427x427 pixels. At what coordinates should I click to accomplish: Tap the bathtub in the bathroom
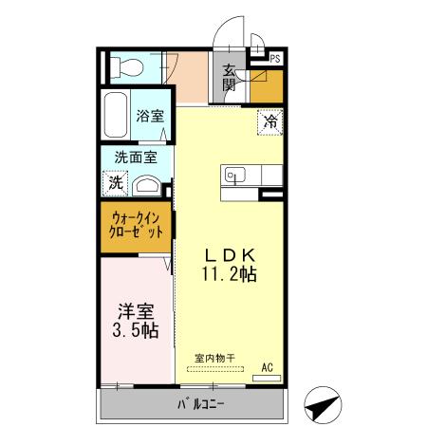pyautogui.click(x=116, y=115)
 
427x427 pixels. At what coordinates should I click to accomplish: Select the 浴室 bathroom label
pyautogui.click(x=150, y=116)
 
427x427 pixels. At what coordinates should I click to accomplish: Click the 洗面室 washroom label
pyautogui.click(x=136, y=158)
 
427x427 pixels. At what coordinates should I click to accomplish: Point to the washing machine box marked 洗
pyautogui.click(x=115, y=183)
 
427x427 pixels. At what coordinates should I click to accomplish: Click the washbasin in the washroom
pyautogui.click(x=147, y=185)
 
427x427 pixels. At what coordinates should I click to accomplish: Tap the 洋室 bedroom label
pyautogui.click(x=136, y=311)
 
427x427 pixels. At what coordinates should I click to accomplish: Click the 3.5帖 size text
pyautogui.click(x=136, y=330)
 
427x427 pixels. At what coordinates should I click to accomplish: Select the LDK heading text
pyautogui.click(x=230, y=255)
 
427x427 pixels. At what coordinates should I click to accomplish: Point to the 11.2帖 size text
pyautogui.click(x=230, y=273)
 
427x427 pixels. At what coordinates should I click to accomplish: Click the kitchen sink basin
pyautogui.click(x=235, y=175)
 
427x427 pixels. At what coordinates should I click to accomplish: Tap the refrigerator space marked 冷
pyautogui.click(x=270, y=121)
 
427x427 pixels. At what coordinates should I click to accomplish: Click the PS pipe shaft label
pyautogui.click(x=275, y=59)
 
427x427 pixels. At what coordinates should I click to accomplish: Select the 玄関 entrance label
pyautogui.click(x=229, y=78)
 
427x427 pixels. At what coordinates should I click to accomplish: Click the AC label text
pyautogui.click(x=268, y=367)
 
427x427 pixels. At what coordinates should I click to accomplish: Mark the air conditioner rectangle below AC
pyautogui.click(x=267, y=378)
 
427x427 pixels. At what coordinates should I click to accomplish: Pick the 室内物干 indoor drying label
pyautogui.click(x=214, y=359)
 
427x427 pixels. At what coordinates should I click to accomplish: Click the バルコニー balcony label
pyautogui.click(x=201, y=404)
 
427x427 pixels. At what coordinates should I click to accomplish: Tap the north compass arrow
pyautogui.click(x=323, y=405)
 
